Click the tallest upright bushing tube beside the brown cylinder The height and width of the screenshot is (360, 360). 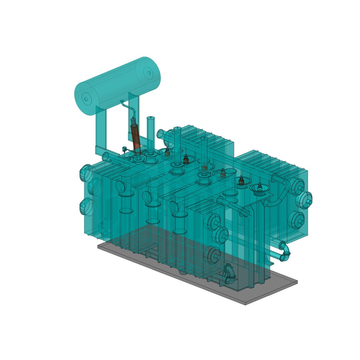tap(151, 133)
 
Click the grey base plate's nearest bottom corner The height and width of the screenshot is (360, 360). tap(246, 304)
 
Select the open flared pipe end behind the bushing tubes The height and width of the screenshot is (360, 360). tap(161, 134)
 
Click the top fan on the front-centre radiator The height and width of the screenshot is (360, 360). tap(213, 220)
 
